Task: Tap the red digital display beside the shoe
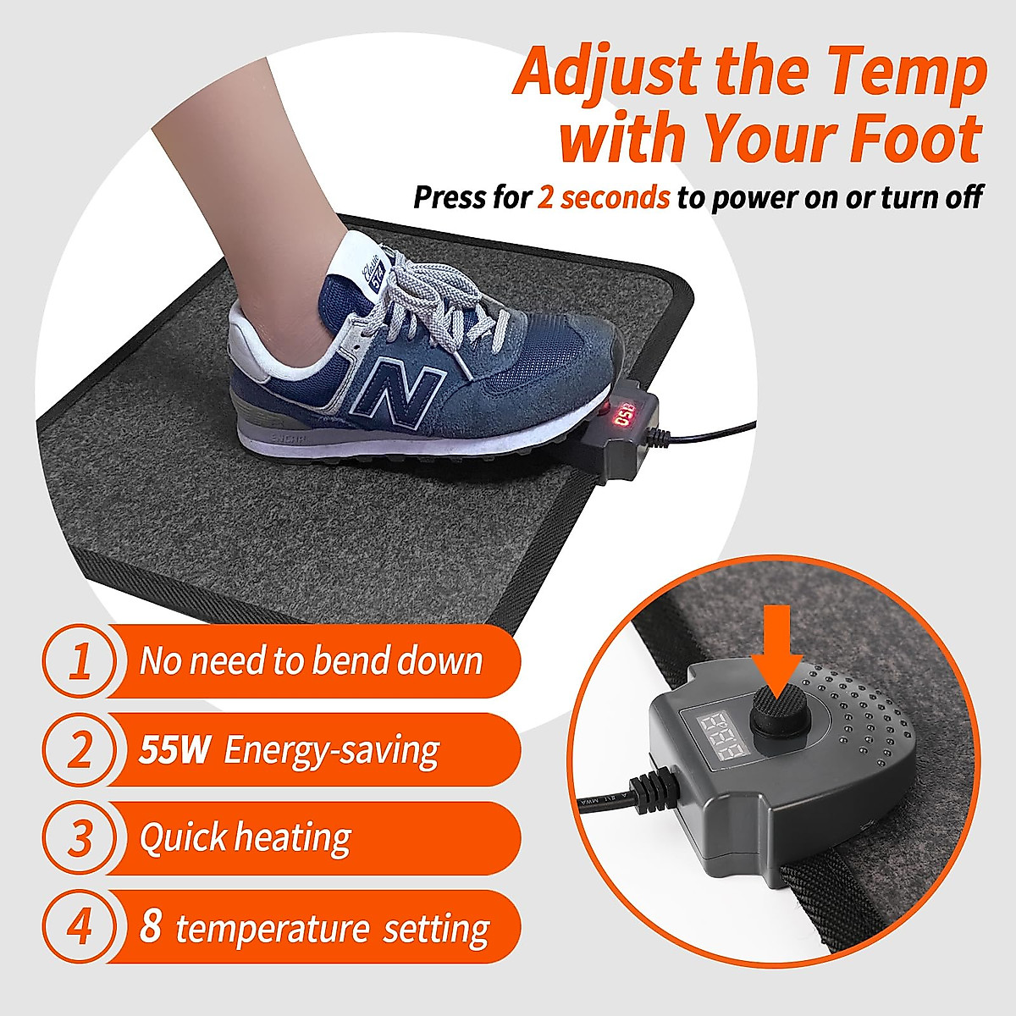tap(624, 417)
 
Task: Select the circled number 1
tap(80, 662)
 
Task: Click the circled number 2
tap(80, 750)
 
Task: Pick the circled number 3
tap(80, 838)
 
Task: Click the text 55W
tap(174, 750)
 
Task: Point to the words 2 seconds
tap(604, 197)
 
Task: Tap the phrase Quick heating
tap(246, 838)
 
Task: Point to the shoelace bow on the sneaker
tap(440, 292)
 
